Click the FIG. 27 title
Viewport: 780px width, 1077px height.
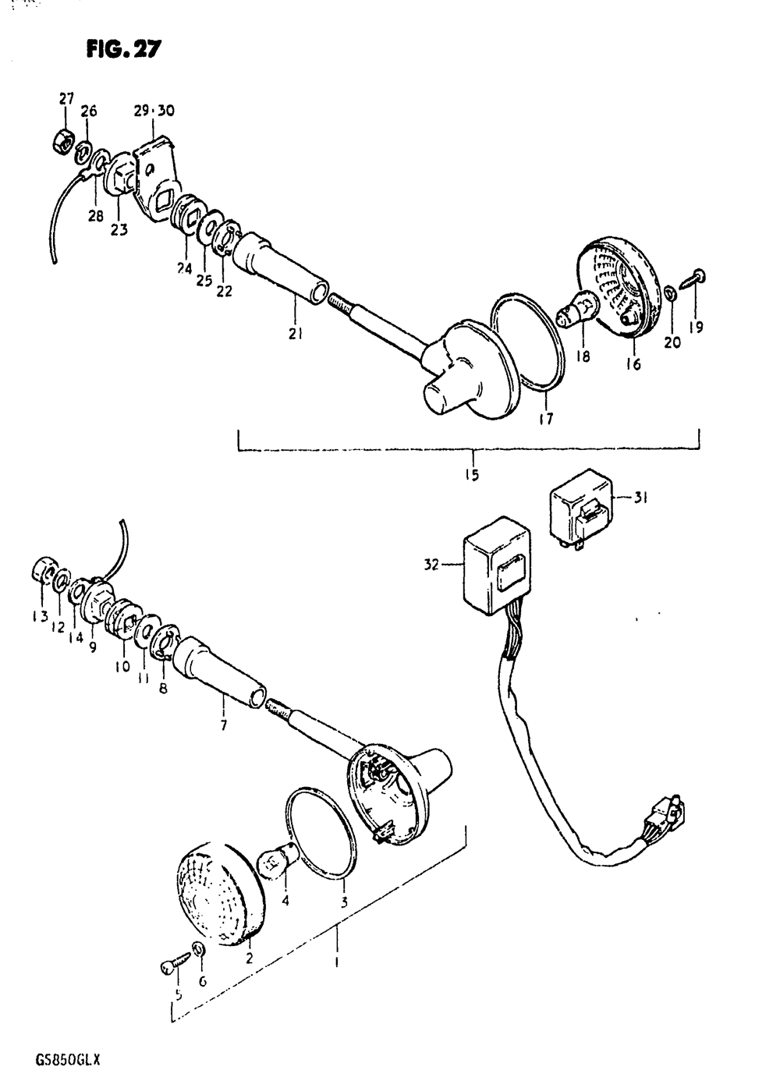pos(123,48)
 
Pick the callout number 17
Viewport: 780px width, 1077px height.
pos(546,418)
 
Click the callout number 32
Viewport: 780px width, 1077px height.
pos(432,565)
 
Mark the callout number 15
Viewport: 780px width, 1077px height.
pos(472,475)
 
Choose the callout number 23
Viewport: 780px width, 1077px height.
pos(119,230)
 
